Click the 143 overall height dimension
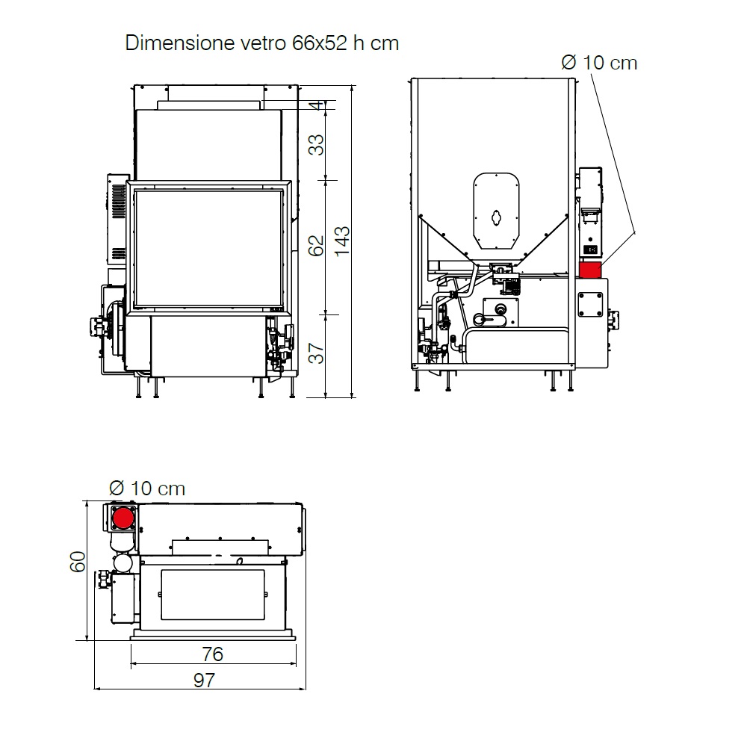pyautogui.click(x=342, y=241)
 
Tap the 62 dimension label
pyautogui.click(x=316, y=246)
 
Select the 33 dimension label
pyautogui.click(x=316, y=145)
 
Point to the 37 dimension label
pyautogui.click(x=316, y=353)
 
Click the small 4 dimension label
pyautogui.click(x=316, y=105)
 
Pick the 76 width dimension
pyautogui.click(x=212, y=654)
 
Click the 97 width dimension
pyautogui.click(x=205, y=681)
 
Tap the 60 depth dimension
pyautogui.click(x=78, y=562)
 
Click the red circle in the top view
pyautogui.click(x=123, y=518)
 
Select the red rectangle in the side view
pyautogui.click(x=590, y=270)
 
